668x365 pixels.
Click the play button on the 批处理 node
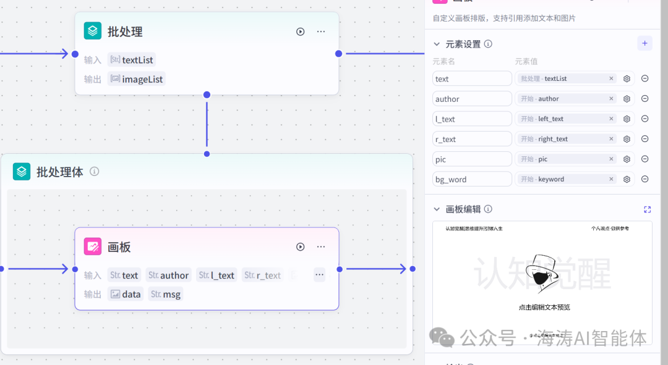[301, 31]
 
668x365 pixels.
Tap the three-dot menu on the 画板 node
[321, 247]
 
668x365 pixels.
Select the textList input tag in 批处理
[132, 60]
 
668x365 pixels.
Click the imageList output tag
[137, 79]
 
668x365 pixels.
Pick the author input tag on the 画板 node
[168, 275]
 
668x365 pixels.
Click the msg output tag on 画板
[166, 294]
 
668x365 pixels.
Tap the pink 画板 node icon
[93, 246]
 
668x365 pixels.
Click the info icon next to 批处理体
[95, 172]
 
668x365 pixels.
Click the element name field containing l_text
[472, 119]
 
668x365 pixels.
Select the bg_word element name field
[472, 180]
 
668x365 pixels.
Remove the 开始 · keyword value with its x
[611, 179]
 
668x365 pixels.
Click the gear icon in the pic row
[627, 159]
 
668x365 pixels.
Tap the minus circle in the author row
[644, 99]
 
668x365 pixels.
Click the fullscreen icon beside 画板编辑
[647, 209]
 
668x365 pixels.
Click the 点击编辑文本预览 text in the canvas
[544, 307]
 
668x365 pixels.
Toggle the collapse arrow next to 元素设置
[437, 44]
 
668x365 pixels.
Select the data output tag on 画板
[126, 294]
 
